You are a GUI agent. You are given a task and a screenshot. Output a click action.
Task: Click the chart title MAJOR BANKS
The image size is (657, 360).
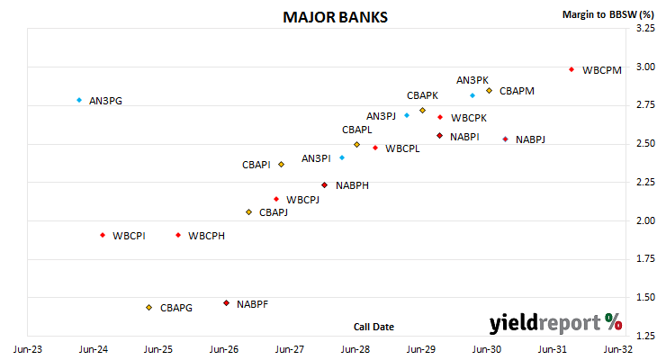pos(335,17)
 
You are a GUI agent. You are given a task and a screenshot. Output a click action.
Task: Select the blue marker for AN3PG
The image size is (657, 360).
pos(79,100)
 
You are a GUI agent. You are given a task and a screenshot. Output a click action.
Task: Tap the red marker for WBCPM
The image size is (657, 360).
pos(571,69)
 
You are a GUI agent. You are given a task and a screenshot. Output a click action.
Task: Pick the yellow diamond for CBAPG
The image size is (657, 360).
pos(148,308)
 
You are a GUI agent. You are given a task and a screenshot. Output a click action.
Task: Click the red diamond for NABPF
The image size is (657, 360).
pos(226,303)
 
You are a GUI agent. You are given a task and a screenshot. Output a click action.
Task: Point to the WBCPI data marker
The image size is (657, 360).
pos(103,235)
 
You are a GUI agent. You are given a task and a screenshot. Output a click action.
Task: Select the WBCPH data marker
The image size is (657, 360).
pos(178,235)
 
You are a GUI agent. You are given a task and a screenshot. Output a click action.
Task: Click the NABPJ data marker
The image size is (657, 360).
pos(505,139)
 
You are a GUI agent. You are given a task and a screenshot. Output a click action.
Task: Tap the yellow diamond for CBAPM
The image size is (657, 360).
pos(489,91)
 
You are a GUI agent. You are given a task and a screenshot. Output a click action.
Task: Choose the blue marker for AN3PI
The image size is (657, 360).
pos(342,157)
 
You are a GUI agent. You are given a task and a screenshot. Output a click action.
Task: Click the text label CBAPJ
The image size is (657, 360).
pos(274,212)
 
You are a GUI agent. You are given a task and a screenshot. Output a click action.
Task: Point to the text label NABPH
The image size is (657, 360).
pos(352,185)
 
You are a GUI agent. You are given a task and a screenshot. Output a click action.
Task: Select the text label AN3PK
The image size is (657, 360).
pos(472,80)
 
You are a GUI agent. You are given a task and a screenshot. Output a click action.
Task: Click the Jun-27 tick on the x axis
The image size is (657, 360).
pos(290,349)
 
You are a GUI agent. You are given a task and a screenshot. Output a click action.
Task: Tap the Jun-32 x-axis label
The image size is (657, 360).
pos(618,349)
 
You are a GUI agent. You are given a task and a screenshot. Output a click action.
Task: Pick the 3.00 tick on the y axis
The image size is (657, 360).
pos(645,67)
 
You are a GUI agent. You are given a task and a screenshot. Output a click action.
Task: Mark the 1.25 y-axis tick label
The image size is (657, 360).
pos(645,336)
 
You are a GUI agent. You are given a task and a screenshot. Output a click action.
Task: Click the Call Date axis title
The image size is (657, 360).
pos(373,327)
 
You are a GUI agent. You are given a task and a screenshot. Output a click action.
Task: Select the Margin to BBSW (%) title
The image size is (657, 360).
pos(608,14)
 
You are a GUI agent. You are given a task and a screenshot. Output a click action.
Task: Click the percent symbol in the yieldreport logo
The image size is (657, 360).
pos(614,322)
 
